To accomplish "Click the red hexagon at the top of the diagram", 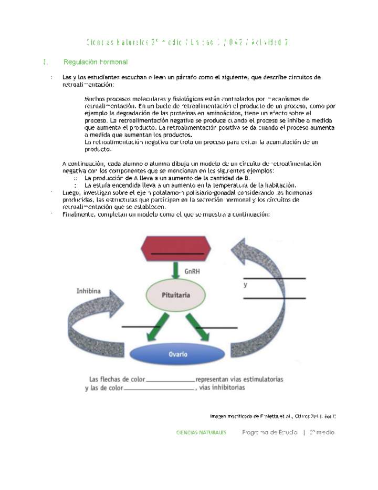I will pos(176,249).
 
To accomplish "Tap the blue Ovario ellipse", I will pos(177,354).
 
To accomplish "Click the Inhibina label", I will pos(89,290).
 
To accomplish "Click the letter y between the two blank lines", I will pos(245,285).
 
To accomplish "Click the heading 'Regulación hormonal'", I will pos(96,62).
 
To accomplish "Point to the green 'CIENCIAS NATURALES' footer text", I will pos(202,432).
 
